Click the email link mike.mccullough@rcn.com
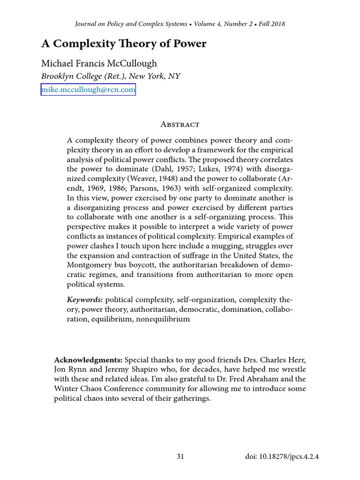click(x=88, y=89)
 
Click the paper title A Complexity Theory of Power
click(x=124, y=44)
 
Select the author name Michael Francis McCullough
click(x=99, y=63)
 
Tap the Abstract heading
click(x=180, y=124)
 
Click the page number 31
click(x=180, y=457)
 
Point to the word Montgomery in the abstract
click(x=89, y=265)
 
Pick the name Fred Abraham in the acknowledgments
click(x=270, y=380)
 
